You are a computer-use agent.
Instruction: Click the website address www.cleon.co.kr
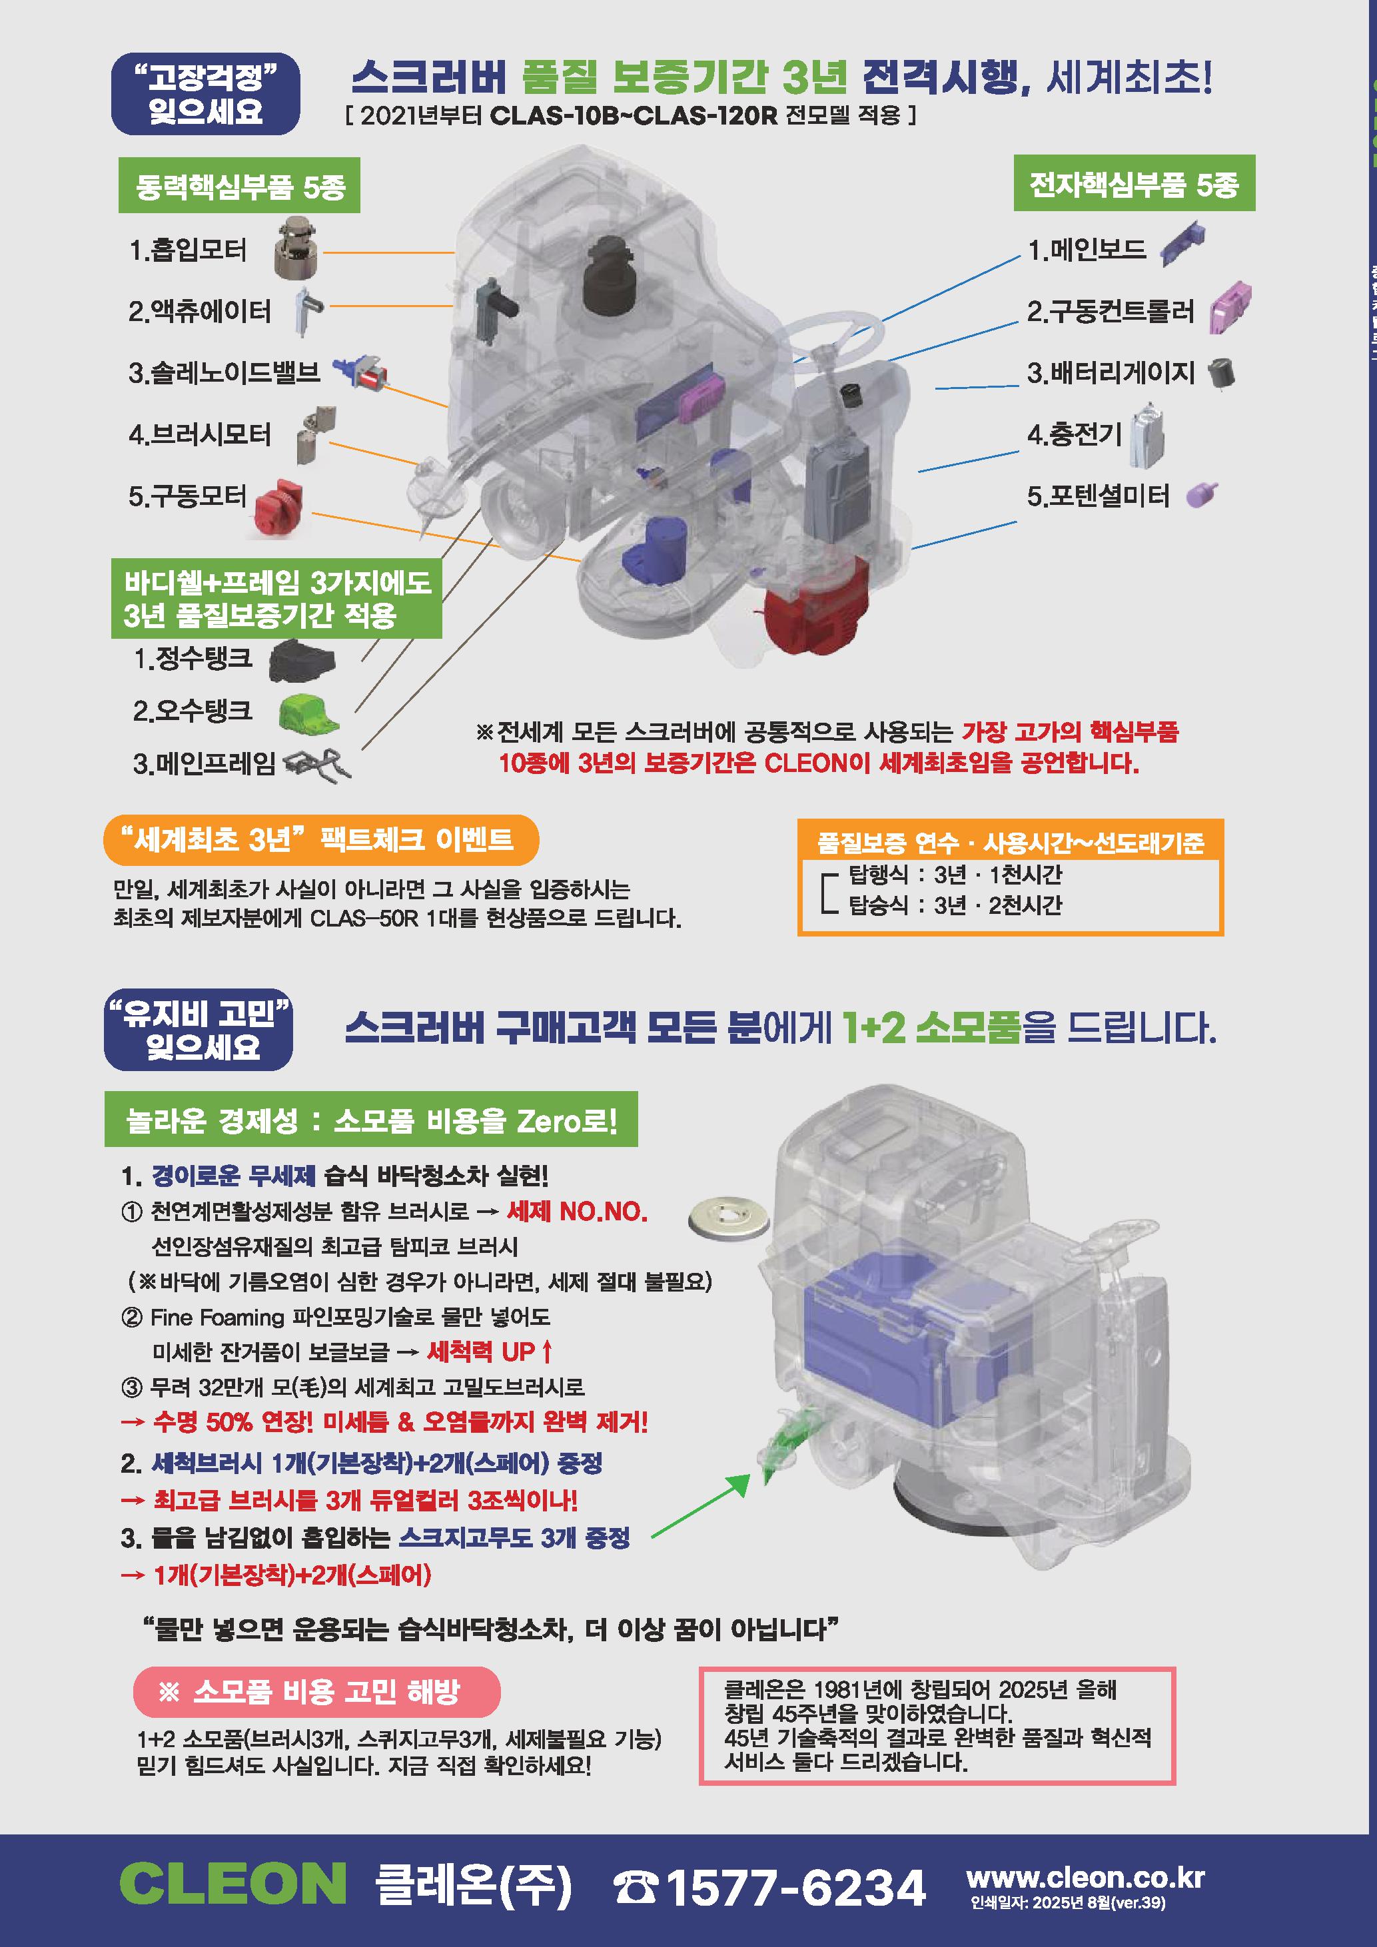[1085, 1876]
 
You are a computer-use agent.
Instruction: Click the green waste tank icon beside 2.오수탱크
[308, 713]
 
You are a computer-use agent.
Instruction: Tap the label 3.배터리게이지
[1111, 372]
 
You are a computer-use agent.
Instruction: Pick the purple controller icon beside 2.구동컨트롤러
[1230, 308]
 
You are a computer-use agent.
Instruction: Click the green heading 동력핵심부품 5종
[239, 186]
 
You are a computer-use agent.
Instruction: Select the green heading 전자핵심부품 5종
[1135, 183]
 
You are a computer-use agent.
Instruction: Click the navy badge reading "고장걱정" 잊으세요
[205, 94]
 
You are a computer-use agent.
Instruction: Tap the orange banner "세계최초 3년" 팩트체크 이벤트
[321, 839]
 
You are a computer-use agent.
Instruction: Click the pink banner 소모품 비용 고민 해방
[316, 1692]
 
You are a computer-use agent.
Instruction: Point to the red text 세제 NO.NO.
[578, 1211]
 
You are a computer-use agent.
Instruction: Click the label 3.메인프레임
[205, 763]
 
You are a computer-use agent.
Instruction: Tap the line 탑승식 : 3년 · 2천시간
[955, 905]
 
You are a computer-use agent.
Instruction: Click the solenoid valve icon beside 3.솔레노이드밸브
[361, 372]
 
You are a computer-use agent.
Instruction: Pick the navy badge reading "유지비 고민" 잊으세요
[199, 1030]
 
